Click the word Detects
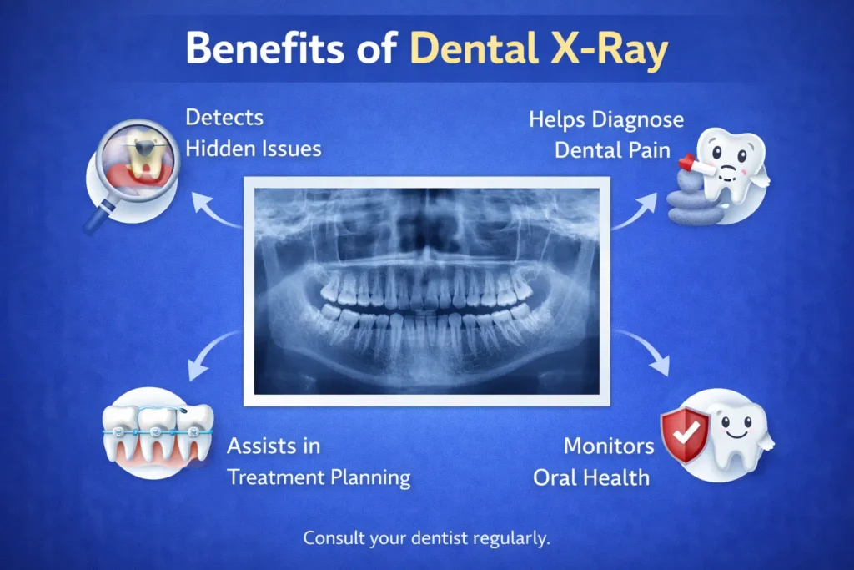(x=224, y=118)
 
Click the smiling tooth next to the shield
(x=738, y=434)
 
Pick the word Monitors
(x=609, y=446)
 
